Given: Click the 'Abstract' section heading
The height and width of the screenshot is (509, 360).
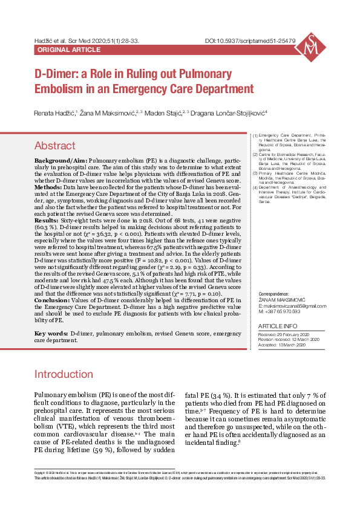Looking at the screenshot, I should pos(54,146).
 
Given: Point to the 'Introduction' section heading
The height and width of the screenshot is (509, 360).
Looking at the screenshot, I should pos(64,374).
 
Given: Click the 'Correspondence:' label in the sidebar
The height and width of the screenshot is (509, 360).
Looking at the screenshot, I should pos(274,293).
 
